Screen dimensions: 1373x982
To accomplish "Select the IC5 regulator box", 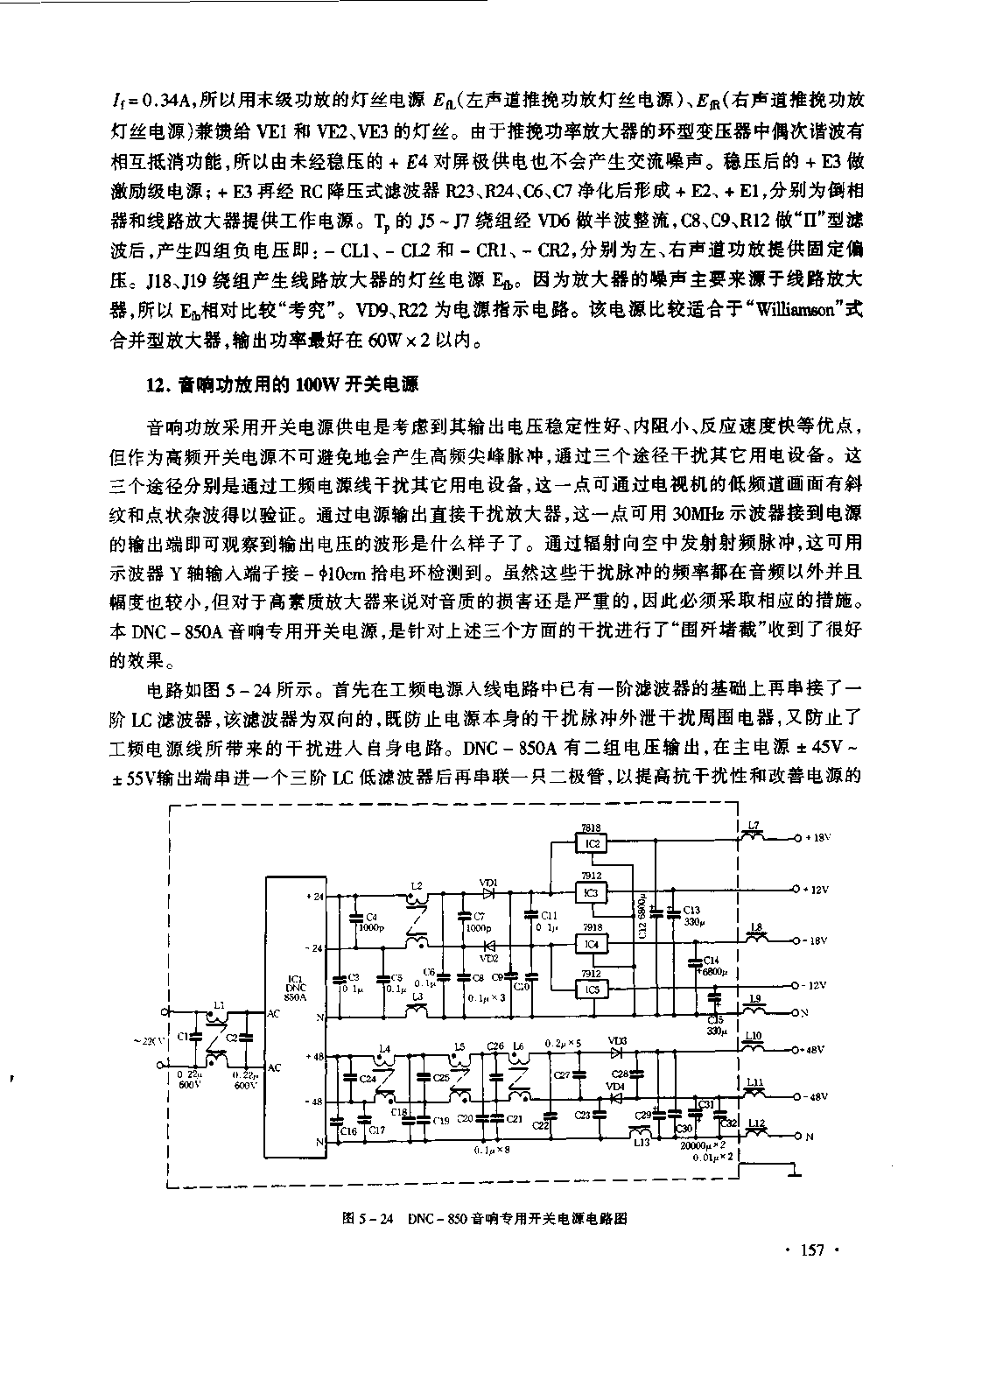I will pyautogui.click(x=593, y=989).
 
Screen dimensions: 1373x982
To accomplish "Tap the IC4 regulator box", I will pyautogui.click(x=593, y=944).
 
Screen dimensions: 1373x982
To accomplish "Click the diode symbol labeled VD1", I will pyautogui.click(x=489, y=893).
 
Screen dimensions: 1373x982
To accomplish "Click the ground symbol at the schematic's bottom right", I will pyautogui.click(x=793, y=1170).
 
